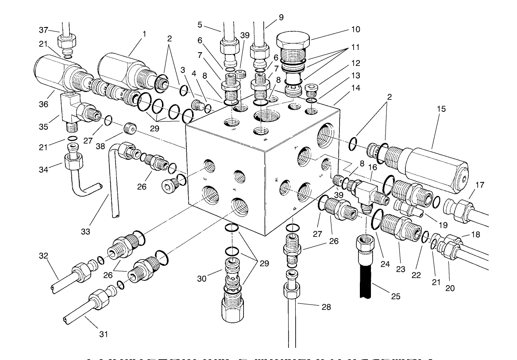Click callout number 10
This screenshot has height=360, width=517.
point(355,30)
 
